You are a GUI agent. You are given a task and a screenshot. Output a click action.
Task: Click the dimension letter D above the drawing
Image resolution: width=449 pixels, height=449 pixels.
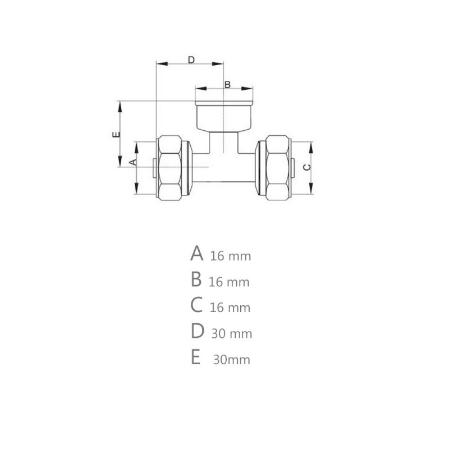tap(191, 59)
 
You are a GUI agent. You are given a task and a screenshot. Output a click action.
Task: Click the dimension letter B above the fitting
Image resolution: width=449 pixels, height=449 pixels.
tap(227, 85)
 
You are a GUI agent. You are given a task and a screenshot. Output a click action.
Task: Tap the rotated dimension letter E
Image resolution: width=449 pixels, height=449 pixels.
tap(115, 134)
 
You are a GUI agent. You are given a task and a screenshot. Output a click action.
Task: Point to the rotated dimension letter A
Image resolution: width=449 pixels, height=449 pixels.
tap(132, 162)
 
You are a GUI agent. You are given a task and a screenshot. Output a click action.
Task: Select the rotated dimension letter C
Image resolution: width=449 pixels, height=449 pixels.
tap(306, 167)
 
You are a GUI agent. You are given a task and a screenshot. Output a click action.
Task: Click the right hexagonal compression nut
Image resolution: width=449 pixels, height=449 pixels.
tap(276, 167)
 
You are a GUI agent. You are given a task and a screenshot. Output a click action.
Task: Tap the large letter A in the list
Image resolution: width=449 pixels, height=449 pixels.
tap(196, 254)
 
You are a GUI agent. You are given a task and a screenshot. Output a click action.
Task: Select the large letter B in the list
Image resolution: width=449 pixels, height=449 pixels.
tap(196, 279)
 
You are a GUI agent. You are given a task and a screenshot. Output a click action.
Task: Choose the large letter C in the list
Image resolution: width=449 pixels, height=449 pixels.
tap(196, 305)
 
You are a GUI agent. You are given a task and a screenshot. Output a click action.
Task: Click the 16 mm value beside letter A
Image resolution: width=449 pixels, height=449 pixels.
tap(231, 256)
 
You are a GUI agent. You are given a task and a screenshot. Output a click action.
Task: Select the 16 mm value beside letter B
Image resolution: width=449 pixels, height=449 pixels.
tap(228, 282)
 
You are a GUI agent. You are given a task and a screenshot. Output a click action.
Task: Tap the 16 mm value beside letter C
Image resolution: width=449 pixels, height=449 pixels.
tap(230, 308)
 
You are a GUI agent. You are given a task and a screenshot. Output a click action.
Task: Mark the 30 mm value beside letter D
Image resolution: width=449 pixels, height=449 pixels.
tap(232, 334)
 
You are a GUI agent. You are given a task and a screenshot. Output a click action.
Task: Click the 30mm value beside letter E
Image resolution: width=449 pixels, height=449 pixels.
tap(231, 360)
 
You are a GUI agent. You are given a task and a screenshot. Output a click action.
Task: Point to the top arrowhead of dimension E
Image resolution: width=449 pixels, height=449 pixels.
tap(119, 104)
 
